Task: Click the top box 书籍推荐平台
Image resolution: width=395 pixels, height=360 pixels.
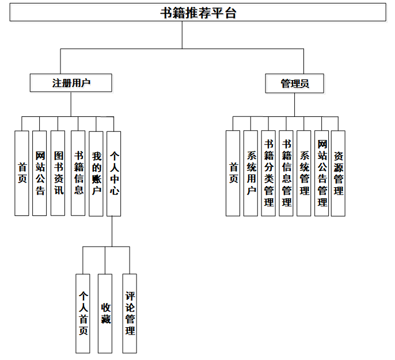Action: click(x=197, y=13)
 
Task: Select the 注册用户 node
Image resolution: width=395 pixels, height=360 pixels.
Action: click(x=71, y=83)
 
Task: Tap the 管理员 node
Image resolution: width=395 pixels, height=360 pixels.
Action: click(x=294, y=84)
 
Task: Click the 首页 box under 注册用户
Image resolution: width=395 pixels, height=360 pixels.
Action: click(x=22, y=173)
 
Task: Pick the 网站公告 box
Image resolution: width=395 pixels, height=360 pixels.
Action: click(x=40, y=173)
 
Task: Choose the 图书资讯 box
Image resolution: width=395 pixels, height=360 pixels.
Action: click(x=58, y=173)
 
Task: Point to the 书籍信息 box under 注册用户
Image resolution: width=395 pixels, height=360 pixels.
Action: click(x=78, y=173)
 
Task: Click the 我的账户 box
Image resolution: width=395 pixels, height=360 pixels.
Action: click(x=96, y=173)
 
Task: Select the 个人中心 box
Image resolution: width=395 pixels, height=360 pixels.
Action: click(x=114, y=173)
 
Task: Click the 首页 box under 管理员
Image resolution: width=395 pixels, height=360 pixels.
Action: click(x=233, y=173)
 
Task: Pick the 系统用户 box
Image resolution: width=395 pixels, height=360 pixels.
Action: click(x=251, y=173)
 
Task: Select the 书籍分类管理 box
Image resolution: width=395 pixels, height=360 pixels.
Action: click(x=268, y=173)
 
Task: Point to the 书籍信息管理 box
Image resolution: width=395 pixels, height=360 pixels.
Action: click(x=286, y=173)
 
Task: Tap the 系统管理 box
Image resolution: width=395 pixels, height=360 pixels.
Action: click(x=304, y=173)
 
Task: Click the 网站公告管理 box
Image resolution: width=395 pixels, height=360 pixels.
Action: click(x=322, y=173)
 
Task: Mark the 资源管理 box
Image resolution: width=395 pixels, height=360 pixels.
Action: click(x=339, y=173)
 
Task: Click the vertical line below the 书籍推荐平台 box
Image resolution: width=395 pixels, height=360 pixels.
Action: click(x=182, y=35)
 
